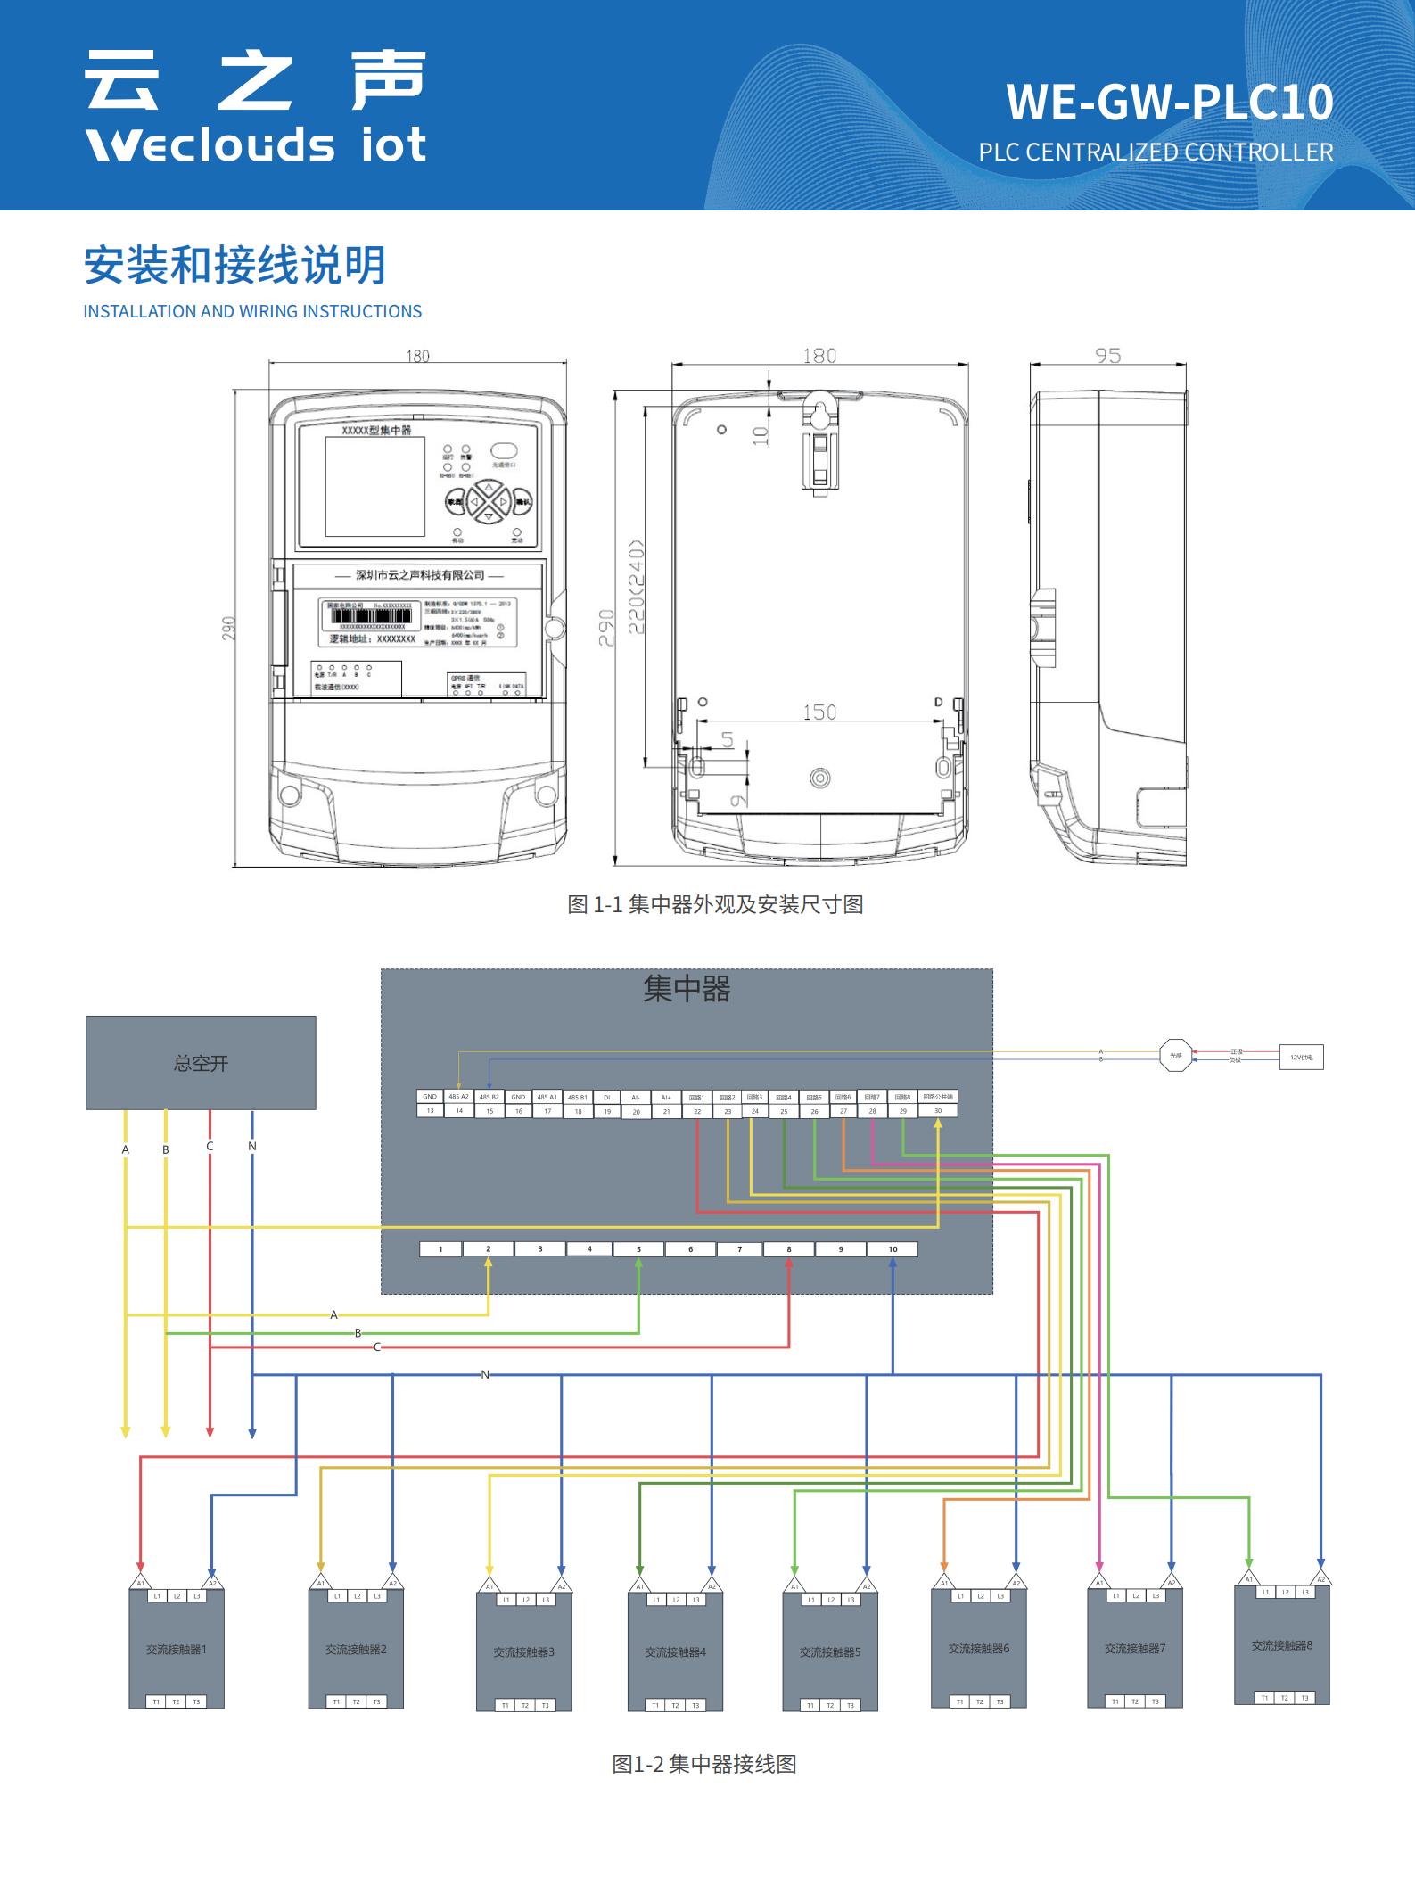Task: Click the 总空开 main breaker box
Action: pyautogui.click(x=201, y=1062)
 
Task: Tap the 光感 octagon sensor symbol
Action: pyautogui.click(x=1175, y=1055)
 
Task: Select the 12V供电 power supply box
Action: pyautogui.click(x=1301, y=1057)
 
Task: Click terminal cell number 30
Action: pyautogui.click(x=938, y=1111)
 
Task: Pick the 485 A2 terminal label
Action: pyautogui.click(x=458, y=1096)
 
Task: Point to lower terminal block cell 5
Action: pyautogui.click(x=638, y=1249)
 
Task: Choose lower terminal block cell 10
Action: pyautogui.click(x=893, y=1249)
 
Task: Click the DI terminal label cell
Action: pyautogui.click(x=607, y=1097)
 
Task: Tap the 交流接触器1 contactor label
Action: pyautogui.click(x=177, y=1649)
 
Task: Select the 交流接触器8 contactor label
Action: pyautogui.click(x=1282, y=1645)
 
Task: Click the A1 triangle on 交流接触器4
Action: pyautogui.click(x=639, y=1585)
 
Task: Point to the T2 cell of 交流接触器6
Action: pyautogui.click(x=979, y=1701)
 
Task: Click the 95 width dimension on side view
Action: pyautogui.click(x=1107, y=356)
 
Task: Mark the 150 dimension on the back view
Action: pyautogui.click(x=819, y=712)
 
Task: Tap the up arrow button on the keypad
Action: pyautogui.click(x=489, y=488)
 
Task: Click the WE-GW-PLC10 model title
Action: pyautogui.click(x=1169, y=103)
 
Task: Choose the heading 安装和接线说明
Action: pyautogui.click(x=234, y=266)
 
